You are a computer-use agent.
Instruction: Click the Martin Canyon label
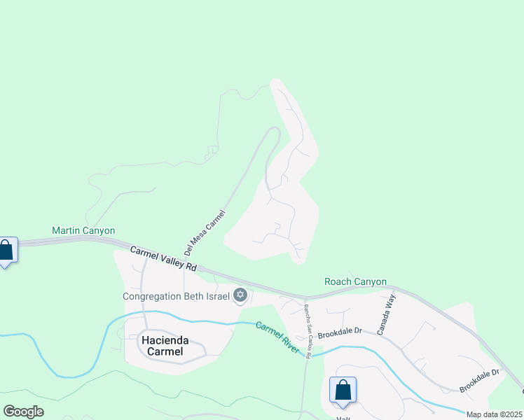83,230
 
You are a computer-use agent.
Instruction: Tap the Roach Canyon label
355,281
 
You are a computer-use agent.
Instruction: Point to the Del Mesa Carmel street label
205,232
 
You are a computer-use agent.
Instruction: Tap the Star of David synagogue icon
240,295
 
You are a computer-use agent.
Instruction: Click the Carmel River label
277,337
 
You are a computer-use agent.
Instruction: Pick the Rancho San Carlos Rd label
306,330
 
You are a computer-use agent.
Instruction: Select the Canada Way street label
386,314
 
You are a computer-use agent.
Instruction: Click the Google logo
23,412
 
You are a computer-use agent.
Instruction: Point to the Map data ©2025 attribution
494,414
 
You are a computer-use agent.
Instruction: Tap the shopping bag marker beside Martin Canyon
6,250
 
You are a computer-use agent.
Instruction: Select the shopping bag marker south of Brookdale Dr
343,390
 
